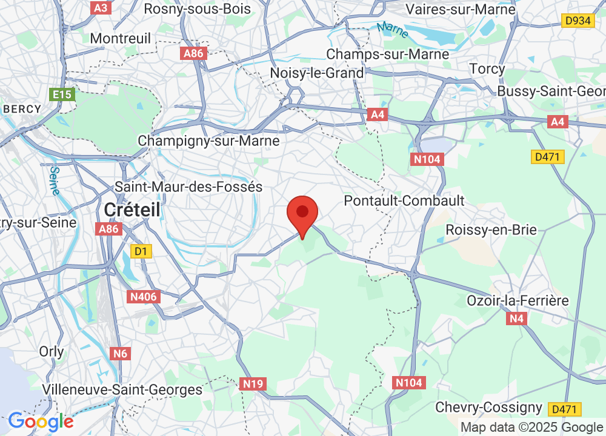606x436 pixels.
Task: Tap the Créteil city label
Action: click(x=132, y=210)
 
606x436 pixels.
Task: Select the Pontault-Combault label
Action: click(x=404, y=200)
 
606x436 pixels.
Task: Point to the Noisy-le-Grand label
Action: click(x=318, y=73)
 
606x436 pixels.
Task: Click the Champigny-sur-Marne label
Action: click(x=208, y=140)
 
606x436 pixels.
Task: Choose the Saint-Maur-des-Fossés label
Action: click(x=188, y=187)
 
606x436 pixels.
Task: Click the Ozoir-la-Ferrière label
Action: click(x=518, y=300)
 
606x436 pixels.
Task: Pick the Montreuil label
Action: click(x=120, y=38)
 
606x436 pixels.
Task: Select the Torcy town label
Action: click(x=487, y=68)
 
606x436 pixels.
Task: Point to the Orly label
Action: click(x=51, y=351)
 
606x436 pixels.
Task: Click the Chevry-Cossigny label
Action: click(x=488, y=406)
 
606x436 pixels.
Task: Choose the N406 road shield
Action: click(x=143, y=297)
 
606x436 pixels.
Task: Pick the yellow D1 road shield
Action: click(x=141, y=250)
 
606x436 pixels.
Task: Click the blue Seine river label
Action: click(x=54, y=180)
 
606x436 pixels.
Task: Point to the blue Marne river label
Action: click(x=392, y=30)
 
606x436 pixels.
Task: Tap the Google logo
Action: click(x=41, y=421)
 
